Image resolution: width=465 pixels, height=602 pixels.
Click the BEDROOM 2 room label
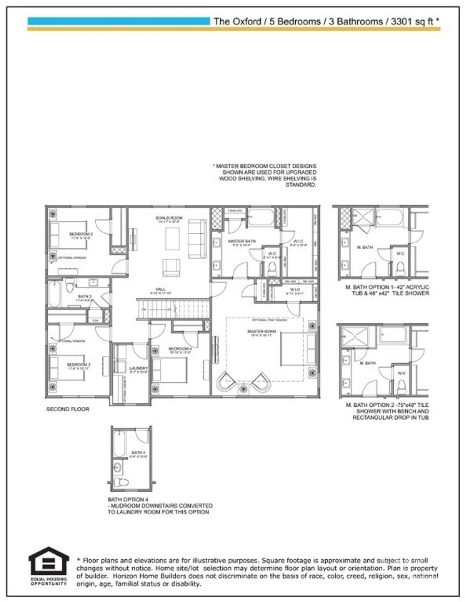click(81, 234)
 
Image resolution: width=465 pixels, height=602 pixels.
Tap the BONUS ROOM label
click(169, 218)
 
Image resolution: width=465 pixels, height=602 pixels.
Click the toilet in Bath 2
click(69, 286)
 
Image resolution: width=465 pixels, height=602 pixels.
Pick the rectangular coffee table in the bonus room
click(173, 238)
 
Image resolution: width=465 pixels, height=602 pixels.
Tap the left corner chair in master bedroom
click(226, 382)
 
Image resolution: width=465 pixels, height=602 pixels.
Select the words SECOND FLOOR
click(68, 409)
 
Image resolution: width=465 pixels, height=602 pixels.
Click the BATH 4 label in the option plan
click(138, 453)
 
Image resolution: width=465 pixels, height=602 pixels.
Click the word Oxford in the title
click(247, 21)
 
